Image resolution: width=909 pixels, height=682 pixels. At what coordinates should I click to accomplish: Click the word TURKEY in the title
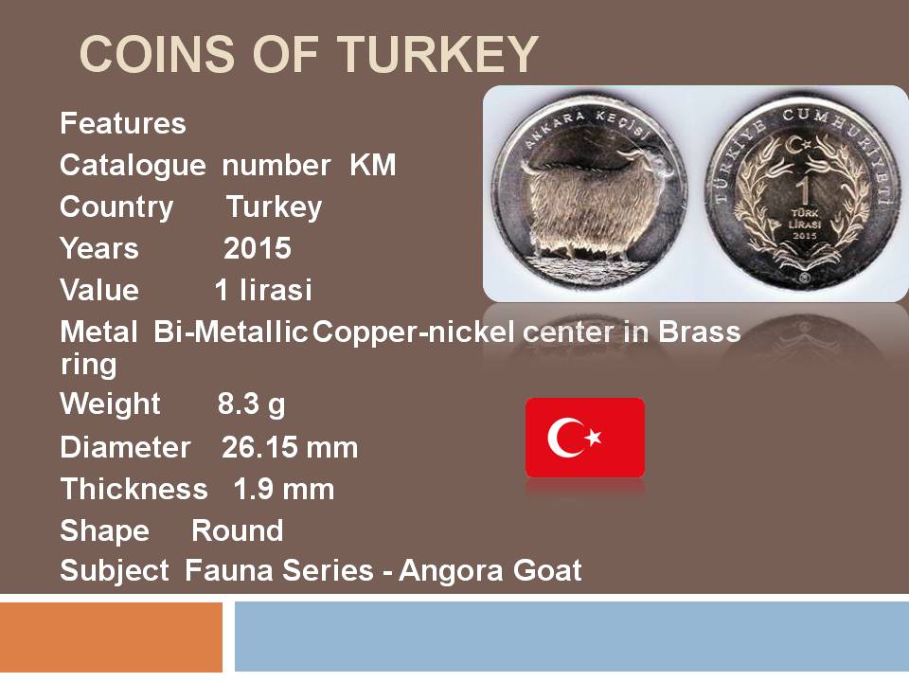[438, 54]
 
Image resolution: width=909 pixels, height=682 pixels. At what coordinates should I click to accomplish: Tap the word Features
[123, 123]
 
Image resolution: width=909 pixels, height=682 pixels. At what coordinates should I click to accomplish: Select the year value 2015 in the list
[258, 248]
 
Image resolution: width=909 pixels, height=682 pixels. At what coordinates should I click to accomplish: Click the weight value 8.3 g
[251, 404]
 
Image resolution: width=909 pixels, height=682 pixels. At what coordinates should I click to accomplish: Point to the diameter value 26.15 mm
[290, 447]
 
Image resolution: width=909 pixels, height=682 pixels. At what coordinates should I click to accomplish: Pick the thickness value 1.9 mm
[284, 489]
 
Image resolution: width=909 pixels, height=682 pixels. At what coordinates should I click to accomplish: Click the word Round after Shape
[237, 530]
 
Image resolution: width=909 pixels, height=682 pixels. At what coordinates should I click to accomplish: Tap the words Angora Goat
[490, 570]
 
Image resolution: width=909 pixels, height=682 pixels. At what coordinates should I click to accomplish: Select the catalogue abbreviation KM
[373, 165]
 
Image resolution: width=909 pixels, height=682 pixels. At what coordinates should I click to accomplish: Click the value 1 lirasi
[263, 290]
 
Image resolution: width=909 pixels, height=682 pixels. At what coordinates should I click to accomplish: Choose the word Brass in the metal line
[699, 332]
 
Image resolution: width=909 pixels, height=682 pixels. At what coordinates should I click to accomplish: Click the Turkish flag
[585, 438]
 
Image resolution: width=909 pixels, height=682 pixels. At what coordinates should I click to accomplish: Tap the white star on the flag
[593, 437]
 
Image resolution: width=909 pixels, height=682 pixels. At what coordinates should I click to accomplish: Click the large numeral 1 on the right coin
[804, 190]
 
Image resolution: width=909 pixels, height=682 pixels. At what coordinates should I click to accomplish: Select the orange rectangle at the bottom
[112, 637]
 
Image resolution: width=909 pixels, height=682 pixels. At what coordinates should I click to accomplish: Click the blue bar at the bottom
[572, 637]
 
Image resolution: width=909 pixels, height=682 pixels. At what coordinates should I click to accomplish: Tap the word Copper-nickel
[414, 332]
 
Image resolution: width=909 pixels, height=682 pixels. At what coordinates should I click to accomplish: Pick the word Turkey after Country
[275, 207]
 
